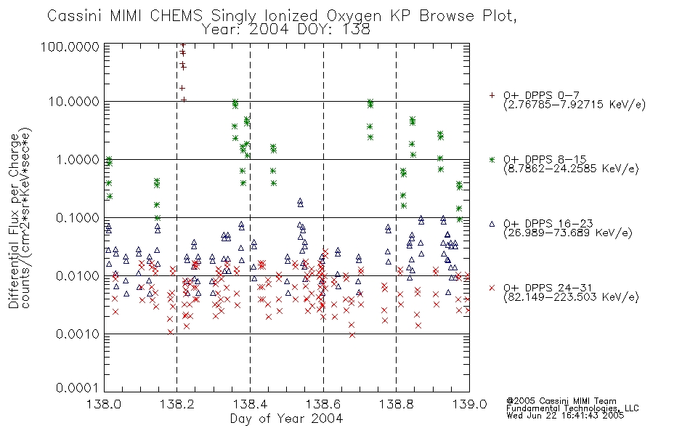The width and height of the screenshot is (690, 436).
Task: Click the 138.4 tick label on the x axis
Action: tap(251, 404)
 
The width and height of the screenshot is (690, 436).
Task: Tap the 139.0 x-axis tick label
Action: tap(469, 404)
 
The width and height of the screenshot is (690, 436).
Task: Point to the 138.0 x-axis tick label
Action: tap(105, 404)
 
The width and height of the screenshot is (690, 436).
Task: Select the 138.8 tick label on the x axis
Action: tap(397, 404)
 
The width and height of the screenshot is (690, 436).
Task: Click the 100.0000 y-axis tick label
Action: tap(70, 47)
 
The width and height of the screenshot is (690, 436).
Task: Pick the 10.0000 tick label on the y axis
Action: tap(74, 102)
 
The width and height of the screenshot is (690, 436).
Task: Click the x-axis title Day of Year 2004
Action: tap(286, 419)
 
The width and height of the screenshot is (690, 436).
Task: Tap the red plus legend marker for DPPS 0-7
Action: tap(492, 95)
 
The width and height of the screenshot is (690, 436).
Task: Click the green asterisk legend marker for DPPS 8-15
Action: tap(492, 160)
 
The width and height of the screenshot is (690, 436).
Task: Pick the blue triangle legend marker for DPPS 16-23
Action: tap(492, 224)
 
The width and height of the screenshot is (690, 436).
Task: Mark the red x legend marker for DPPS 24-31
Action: tap(492, 288)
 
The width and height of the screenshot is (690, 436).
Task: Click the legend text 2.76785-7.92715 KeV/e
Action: tap(575, 105)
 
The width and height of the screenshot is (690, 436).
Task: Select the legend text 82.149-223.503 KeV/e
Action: tap(571, 297)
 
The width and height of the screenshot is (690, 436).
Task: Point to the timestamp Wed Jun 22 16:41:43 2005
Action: tap(566, 416)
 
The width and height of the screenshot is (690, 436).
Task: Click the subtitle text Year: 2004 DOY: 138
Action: tap(286, 30)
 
